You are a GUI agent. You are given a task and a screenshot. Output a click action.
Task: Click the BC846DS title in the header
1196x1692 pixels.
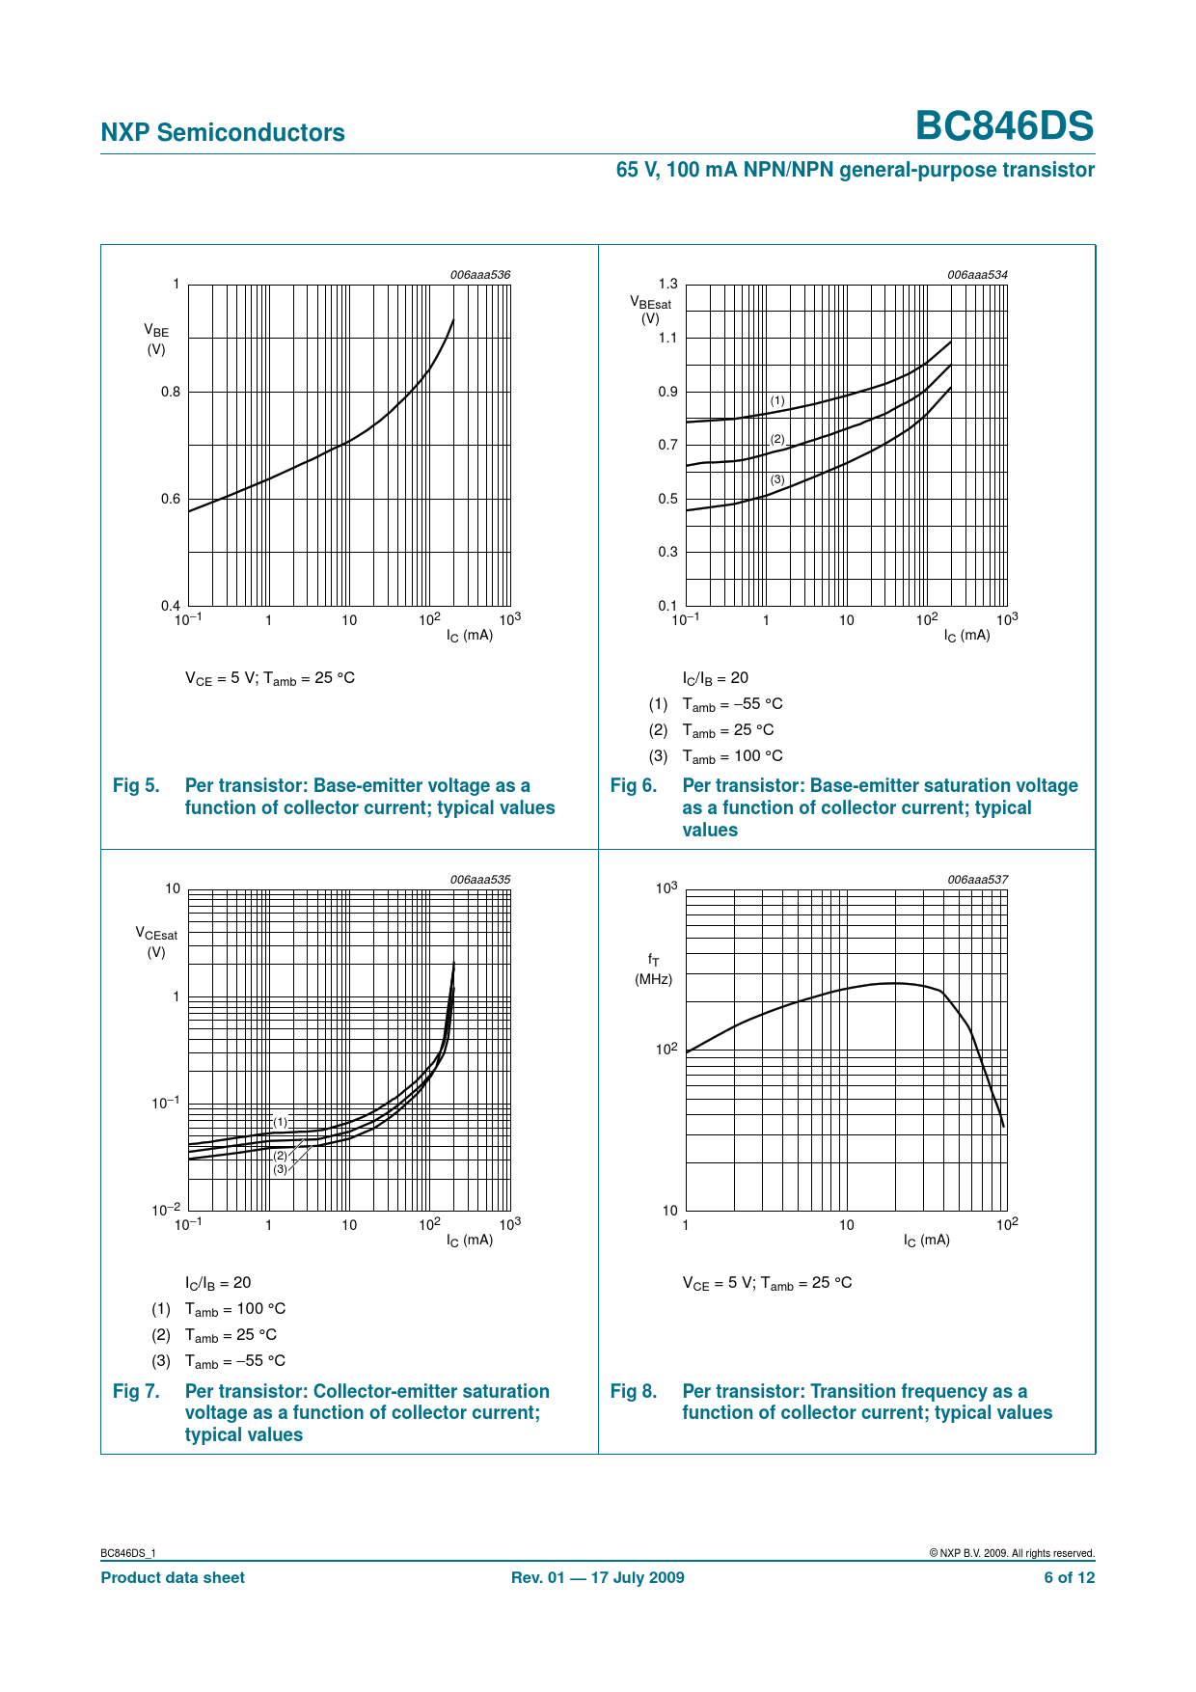click(1004, 126)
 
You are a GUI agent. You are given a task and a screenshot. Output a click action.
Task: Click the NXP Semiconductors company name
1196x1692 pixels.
click(223, 132)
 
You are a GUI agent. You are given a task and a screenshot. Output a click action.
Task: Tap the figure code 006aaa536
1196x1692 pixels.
click(479, 275)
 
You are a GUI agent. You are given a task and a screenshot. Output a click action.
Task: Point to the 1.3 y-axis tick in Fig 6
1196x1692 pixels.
click(667, 284)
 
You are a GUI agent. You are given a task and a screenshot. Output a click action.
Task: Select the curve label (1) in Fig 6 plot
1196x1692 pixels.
click(777, 400)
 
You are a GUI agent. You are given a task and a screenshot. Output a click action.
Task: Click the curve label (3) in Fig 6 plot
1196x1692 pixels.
click(777, 479)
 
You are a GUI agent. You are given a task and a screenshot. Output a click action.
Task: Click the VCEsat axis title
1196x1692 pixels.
click(156, 935)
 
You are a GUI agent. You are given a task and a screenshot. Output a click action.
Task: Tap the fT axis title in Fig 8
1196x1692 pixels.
click(653, 960)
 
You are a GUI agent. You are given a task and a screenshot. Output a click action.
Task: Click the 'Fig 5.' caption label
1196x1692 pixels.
click(136, 785)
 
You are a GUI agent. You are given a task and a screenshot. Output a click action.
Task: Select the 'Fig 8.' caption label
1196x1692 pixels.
click(634, 1391)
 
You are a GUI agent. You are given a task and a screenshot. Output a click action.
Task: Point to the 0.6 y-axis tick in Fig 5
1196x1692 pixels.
click(171, 499)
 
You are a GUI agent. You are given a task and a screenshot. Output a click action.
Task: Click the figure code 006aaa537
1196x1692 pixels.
click(977, 880)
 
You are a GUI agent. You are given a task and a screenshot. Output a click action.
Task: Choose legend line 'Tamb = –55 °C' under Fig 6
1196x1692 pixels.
click(732, 704)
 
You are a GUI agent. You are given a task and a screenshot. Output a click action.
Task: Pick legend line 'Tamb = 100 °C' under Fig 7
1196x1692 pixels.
click(235, 1309)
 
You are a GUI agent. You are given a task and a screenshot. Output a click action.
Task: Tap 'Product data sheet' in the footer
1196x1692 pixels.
click(173, 1577)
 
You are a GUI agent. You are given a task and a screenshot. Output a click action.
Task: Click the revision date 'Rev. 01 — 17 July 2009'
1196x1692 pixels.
click(597, 1577)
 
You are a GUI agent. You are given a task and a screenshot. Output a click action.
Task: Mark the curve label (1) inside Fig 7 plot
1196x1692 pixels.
click(280, 1122)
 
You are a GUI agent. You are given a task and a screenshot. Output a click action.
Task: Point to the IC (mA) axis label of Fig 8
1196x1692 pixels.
click(926, 1240)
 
